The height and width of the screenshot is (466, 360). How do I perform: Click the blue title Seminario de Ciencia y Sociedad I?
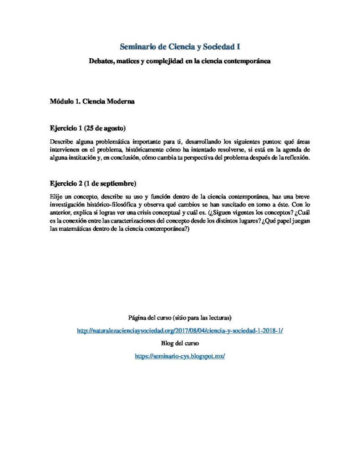click(x=180, y=46)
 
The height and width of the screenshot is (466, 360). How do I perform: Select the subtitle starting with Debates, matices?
click(x=180, y=61)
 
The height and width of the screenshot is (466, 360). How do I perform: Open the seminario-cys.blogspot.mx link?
click(x=180, y=356)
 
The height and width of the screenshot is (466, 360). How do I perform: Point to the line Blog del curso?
click(x=180, y=344)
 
